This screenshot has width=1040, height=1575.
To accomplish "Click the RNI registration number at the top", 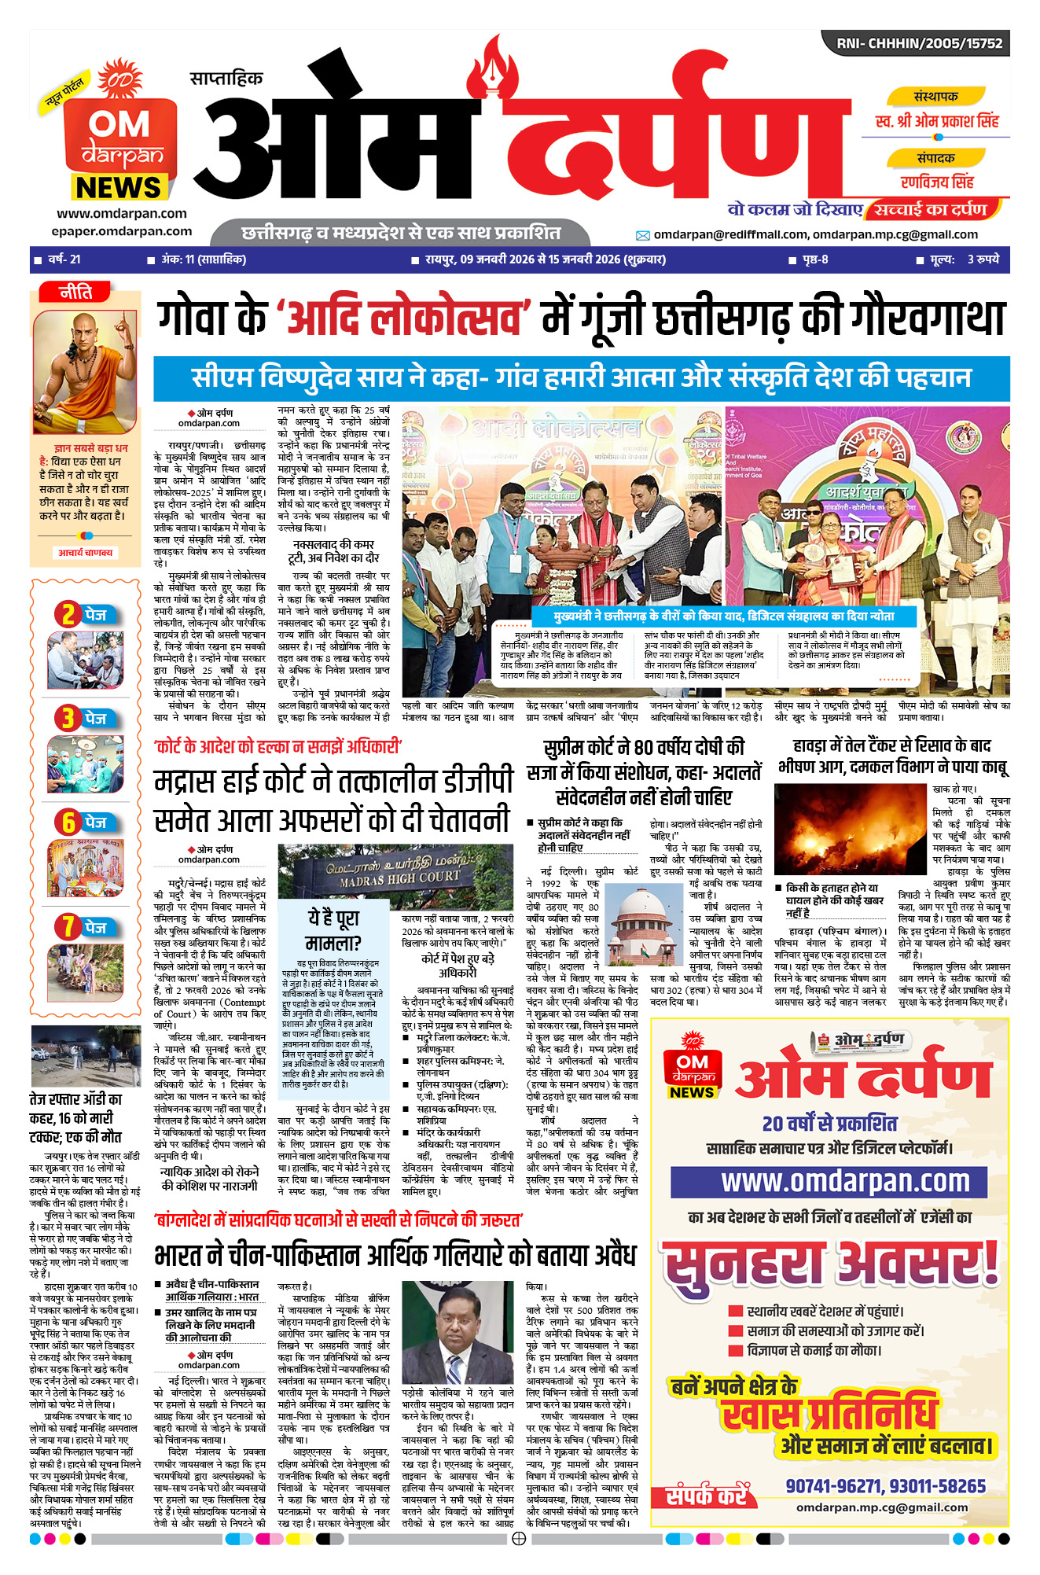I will (x=919, y=43).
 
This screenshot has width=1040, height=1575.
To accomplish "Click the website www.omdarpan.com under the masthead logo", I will (x=121, y=213).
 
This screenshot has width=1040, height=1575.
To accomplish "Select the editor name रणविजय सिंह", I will (x=937, y=182).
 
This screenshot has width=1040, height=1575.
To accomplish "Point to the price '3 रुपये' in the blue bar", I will (x=983, y=259).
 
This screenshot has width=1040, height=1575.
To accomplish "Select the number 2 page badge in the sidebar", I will (x=68, y=614).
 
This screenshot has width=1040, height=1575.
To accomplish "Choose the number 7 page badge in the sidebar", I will (x=68, y=928).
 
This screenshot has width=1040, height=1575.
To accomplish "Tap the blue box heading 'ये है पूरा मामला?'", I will (x=333, y=929).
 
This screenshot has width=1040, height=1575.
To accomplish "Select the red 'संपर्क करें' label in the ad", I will (x=707, y=1495).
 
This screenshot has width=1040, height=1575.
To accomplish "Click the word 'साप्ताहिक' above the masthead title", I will (x=226, y=79).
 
